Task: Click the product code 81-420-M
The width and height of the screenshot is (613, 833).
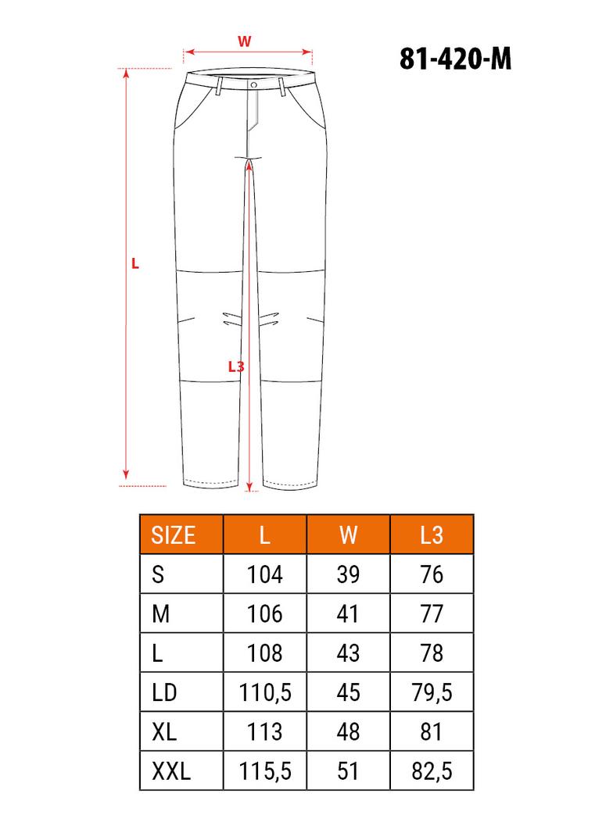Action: [x=455, y=59]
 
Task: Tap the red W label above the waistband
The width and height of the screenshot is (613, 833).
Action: [x=244, y=41]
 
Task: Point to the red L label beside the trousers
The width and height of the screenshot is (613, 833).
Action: [x=135, y=263]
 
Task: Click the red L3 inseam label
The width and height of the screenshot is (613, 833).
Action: [x=235, y=366]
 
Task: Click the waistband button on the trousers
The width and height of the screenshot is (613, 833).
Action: [x=253, y=85]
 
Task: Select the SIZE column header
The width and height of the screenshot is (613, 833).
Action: [x=174, y=535]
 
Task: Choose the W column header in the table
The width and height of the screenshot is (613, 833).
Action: [x=348, y=535]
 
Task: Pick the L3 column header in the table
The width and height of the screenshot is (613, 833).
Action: [x=431, y=535]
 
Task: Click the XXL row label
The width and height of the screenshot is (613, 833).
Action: [x=171, y=770]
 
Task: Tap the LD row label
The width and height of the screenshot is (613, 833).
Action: [x=164, y=692]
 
